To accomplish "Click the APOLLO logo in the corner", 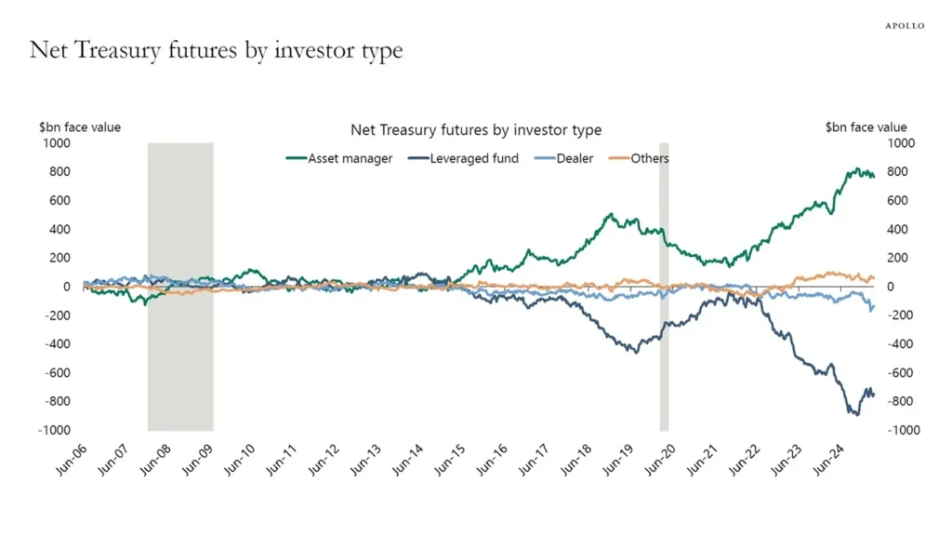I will [x=903, y=26].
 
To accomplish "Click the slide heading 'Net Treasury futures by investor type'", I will [x=216, y=50].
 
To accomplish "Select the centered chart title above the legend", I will [x=475, y=130].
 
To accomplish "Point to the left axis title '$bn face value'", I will [x=79, y=127].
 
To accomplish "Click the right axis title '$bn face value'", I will [x=866, y=127].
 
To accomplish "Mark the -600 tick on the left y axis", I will [x=59, y=373].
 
